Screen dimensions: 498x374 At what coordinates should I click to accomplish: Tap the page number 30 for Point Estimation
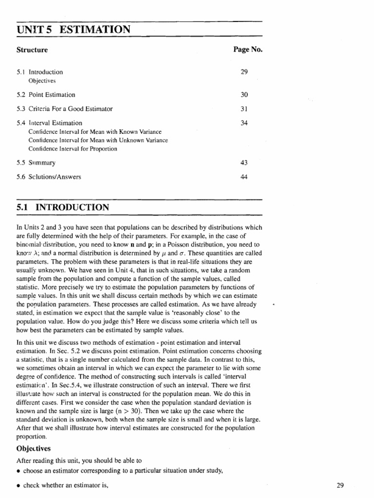(x=244, y=95)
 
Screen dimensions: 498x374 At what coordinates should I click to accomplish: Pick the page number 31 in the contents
(x=244, y=108)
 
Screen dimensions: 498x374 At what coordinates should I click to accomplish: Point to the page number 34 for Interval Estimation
(x=244, y=123)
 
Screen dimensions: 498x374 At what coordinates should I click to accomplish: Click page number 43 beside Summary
(x=244, y=163)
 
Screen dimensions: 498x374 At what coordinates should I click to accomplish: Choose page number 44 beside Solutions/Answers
(x=244, y=177)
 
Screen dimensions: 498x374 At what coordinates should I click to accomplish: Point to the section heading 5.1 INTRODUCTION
(x=63, y=208)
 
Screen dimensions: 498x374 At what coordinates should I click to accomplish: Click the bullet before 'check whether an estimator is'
(x=18, y=485)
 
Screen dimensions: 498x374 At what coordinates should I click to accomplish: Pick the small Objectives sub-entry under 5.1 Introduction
(x=42, y=80)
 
